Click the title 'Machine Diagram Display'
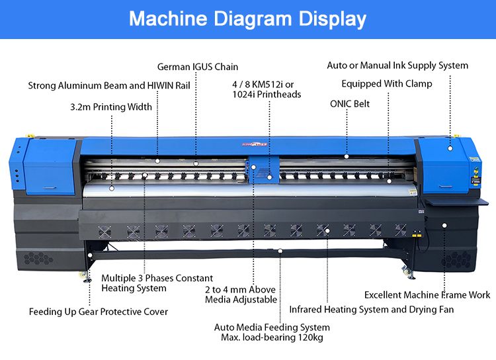pyautogui.click(x=247, y=19)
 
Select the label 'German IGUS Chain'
pyautogui.click(x=198, y=67)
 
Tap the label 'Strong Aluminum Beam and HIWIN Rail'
pyautogui.click(x=109, y=86)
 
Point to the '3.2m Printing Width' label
pyautogui.click(x=111, y=107)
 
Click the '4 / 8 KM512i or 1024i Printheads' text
pyautogui.click(x=267, y=89)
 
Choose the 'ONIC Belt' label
pyautogui.click(x=350, y=104)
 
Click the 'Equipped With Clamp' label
pyautogui.click(x=387, y=84)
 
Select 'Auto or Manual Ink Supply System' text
pyautogui.click(x=397, y=66)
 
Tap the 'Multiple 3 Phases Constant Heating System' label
pyautogui.click(x=157, y=283)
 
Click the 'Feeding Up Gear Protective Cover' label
pyautogui.click(x=99, y=312)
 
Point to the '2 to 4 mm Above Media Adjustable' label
pyautogui.click(x=241, y=295)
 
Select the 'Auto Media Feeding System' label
pyautogui.click(x=272, y=328)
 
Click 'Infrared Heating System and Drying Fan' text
pyautogui.click(x=372, y=309)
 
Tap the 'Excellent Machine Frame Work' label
pyautogui.click(x=427, y=294)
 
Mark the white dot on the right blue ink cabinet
pyautogui.click(x=450, y=148)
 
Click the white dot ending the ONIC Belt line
pyautogui.click(x=347, y=157)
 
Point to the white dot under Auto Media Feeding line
pyautogui.click(x=280, y=251)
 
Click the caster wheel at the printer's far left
pyautogui.click(x=87, y=278)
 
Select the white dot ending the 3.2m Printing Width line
pyautogui.click(x=112, y=189)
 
